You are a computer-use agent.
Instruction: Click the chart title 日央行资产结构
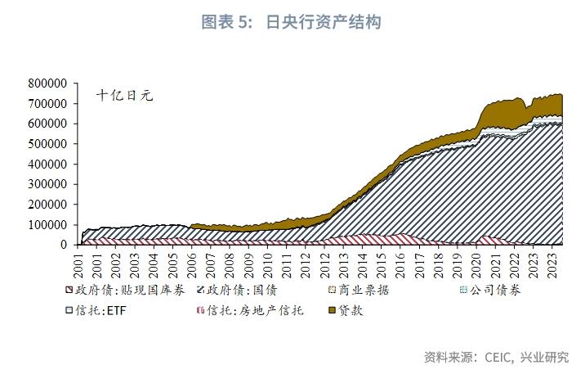(291, 22)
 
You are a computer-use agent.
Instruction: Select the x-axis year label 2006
(192, 264)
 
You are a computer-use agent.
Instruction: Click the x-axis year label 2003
(135, 264)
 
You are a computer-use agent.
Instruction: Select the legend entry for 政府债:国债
(242, 291)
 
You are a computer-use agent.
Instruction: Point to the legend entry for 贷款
(345, 311)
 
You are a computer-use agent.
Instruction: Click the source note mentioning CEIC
(496, 357)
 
